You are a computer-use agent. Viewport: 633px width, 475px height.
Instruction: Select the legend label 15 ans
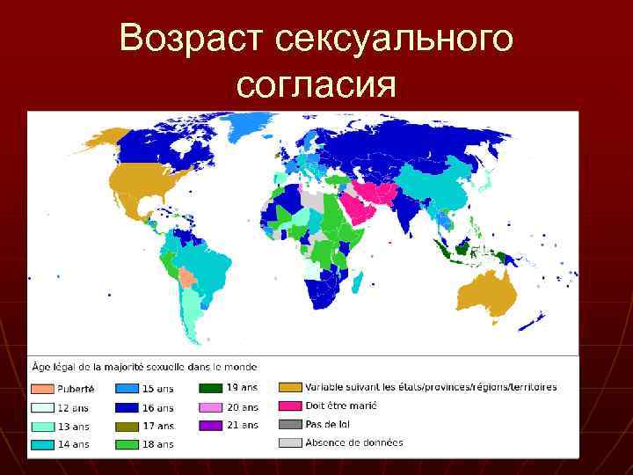159,389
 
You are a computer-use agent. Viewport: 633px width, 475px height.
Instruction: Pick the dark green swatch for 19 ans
210,388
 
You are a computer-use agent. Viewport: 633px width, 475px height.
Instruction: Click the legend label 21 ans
244,425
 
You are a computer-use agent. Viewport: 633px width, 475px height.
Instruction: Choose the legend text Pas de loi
327,425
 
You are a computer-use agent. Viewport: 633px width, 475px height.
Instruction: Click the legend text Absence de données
353,442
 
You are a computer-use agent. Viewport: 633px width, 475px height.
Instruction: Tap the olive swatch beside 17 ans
126,426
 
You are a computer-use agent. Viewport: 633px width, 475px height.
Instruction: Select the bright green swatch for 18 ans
126,444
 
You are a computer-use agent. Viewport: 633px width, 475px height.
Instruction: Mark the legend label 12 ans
73,407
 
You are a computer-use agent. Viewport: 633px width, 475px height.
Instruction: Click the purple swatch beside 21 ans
210,425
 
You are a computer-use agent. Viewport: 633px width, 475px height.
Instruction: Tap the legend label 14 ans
73,444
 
